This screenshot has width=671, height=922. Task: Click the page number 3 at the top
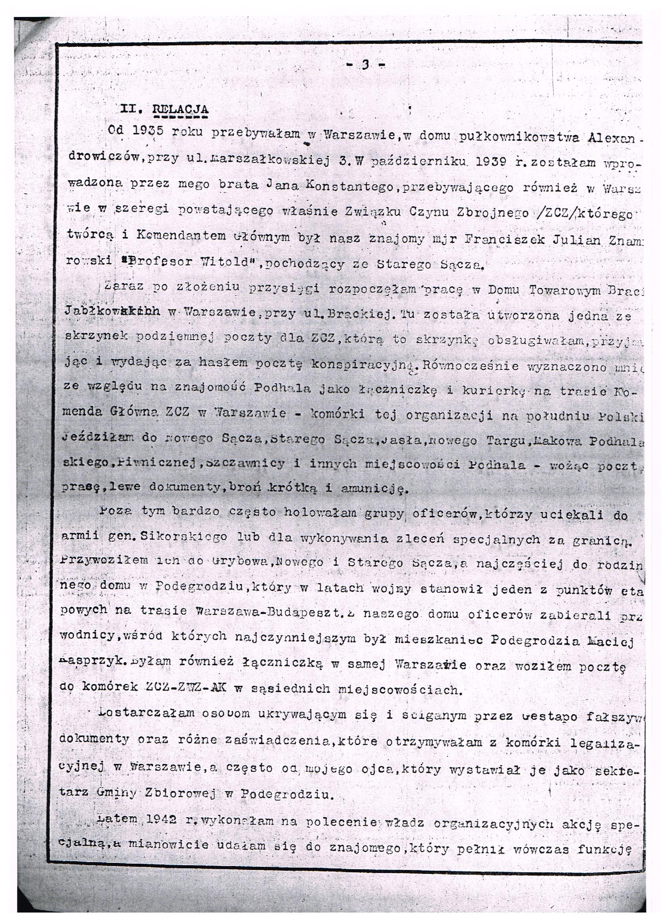tap(365, 65)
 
